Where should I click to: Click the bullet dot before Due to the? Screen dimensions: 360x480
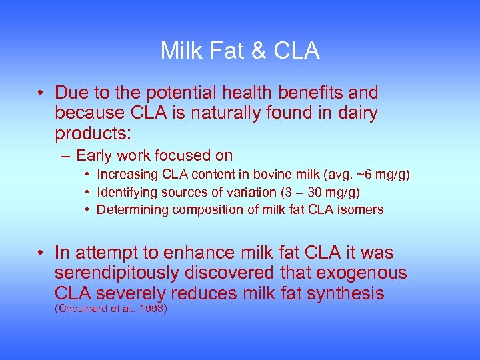41,93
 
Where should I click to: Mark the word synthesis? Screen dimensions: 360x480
343,293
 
